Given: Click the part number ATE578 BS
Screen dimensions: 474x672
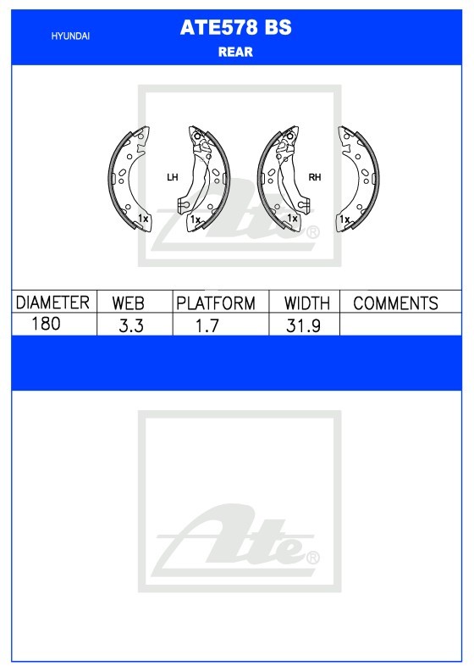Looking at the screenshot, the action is [235, 27].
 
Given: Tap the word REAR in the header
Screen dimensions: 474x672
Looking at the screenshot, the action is [235, 52].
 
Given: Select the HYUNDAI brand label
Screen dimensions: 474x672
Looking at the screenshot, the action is [70, 36].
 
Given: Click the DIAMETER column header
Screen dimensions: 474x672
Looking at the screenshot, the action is [52, 303].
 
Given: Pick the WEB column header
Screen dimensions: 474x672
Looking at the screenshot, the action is [128, 303].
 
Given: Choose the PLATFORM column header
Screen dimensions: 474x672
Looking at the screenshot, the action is [216, 303].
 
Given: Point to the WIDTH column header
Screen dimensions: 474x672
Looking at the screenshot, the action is [307, 303].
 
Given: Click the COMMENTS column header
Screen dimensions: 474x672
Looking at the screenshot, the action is [395, 303].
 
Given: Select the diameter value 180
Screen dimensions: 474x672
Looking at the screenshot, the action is [46, 324].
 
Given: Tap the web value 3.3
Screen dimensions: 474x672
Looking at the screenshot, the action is [131, 325].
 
